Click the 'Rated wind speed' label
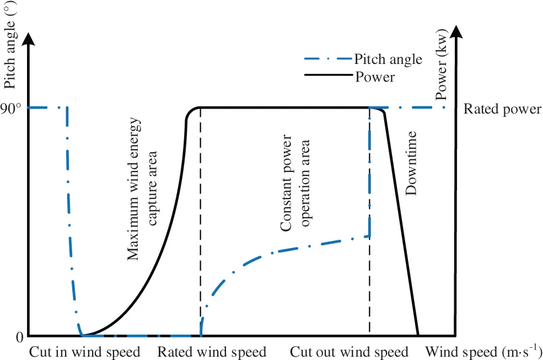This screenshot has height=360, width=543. pyautogui.click(x=212, y=352)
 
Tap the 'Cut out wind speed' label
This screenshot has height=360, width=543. pyautogui.click(x=349, y=352)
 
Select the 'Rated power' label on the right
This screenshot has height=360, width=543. pyautogui.click(x=502, y=109)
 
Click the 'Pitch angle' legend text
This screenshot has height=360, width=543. pyautogui.click(x=388, y=59)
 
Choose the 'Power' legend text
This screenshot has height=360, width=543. pyautogui.click(x=375, y=77)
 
